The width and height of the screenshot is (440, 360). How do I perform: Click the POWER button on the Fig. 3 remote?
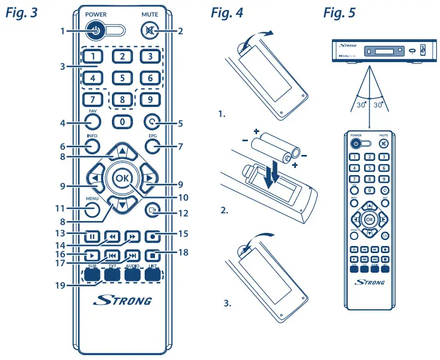click(x=96, y=31)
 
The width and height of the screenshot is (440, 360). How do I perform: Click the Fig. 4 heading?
click(x=229, y=14)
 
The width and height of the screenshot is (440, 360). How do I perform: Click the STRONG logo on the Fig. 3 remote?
click(x=122, y=301)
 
